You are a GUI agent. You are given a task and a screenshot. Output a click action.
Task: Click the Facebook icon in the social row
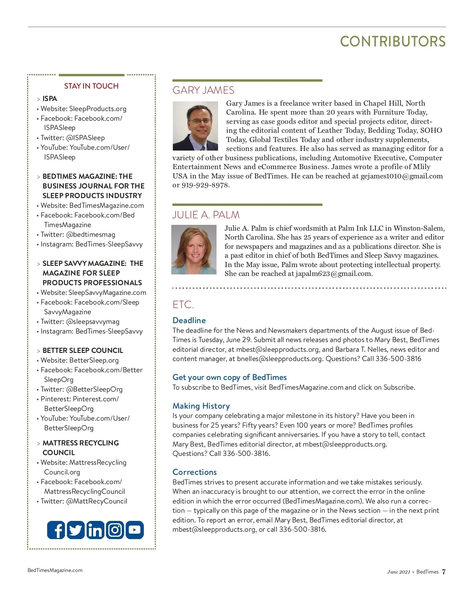56,530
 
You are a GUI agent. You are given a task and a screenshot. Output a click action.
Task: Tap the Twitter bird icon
76,530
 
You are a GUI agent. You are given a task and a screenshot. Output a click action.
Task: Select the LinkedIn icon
95,530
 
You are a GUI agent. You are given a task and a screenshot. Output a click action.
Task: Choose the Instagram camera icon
115,530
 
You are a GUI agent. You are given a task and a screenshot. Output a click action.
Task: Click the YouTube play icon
135,530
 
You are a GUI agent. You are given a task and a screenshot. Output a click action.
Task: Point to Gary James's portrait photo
195,126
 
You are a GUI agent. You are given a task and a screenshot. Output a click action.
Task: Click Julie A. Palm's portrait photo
194,250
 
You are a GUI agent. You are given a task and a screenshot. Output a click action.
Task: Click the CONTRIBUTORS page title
392,41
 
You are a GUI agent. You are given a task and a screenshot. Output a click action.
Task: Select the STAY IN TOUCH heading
91,86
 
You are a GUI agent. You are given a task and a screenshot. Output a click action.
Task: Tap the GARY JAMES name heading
203,90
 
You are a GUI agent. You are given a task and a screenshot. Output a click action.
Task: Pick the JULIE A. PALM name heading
206,215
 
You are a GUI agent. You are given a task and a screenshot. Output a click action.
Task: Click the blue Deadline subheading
189,320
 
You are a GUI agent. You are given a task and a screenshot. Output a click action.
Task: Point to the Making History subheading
201,406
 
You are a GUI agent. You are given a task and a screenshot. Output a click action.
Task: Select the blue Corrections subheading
194,472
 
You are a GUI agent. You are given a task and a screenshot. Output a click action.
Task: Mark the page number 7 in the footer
444,572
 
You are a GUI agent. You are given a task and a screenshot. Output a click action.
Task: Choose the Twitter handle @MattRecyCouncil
97,501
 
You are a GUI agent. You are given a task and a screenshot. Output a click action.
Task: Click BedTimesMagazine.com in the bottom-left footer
55,570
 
